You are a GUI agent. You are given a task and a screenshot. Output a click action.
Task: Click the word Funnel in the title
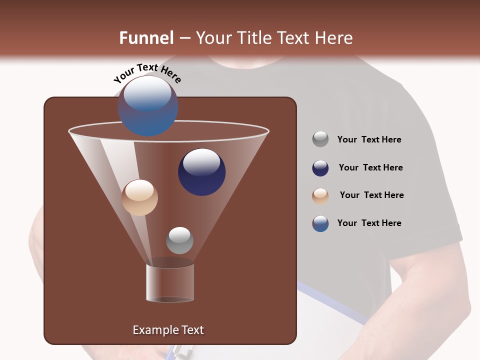click(146, 38)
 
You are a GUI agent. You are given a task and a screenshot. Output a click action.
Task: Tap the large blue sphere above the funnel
click(148, 105)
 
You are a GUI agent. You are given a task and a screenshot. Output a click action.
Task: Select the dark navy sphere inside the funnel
click(201, 171)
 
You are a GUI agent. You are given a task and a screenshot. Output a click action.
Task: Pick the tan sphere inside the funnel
click(139, 197)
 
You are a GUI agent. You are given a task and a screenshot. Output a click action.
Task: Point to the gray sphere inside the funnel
click(179, 240)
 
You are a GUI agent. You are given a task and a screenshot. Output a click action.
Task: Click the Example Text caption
click(168, 330)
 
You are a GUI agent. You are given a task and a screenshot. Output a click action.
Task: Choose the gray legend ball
click(320, 139)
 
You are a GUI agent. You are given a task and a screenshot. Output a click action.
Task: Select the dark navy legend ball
click(320, 168)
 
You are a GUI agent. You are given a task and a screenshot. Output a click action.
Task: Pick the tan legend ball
click(320, 195)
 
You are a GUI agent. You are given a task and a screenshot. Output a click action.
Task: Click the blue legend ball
click(320, 223)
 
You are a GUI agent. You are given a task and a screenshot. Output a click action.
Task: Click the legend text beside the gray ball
click(369, 139)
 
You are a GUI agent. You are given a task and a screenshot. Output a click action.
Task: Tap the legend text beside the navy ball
click(370, 167)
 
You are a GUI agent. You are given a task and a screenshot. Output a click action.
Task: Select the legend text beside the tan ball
click(371, 195)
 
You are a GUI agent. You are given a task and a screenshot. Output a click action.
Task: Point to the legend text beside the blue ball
click(369, 223)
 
